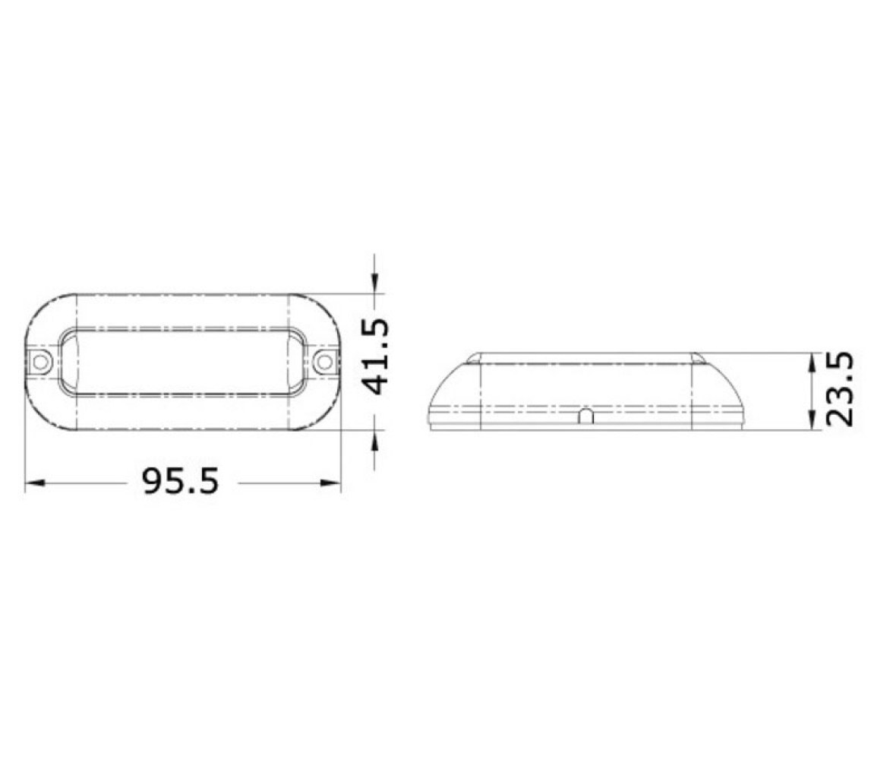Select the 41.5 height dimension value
[377, 356]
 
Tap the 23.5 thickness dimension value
[840, 389]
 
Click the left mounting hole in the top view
[39, 362]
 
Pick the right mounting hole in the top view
[324, 362]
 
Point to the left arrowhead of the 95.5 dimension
[35, 483]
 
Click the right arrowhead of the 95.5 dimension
[331, 483]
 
